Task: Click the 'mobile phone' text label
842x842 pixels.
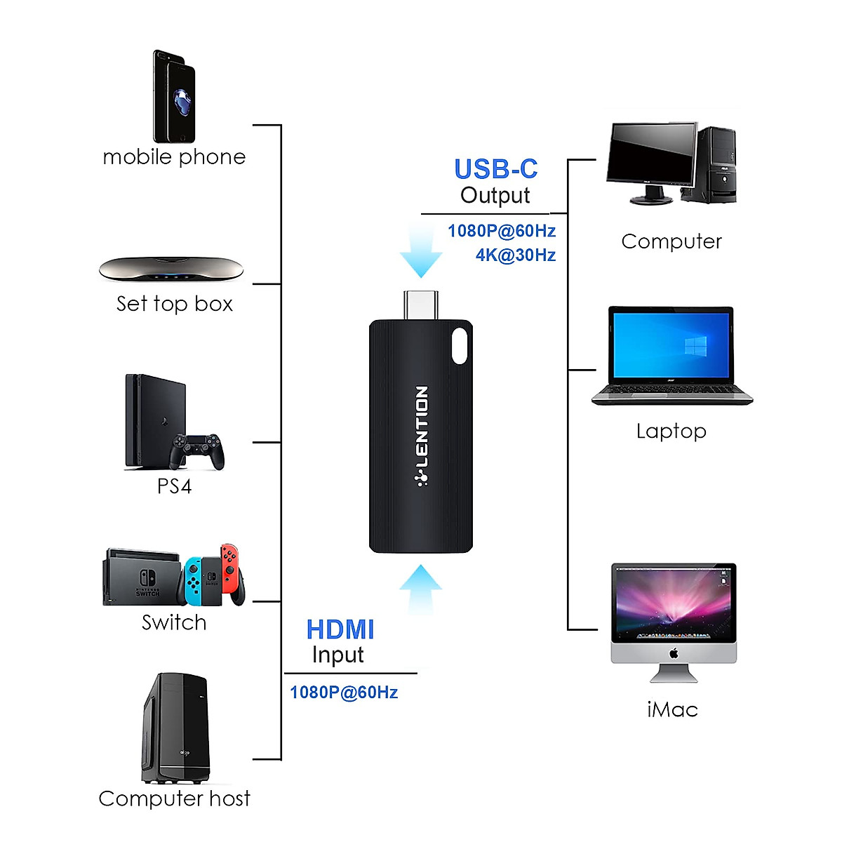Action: point(174,156)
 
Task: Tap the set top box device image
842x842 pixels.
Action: point(171,269)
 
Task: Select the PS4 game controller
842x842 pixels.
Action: point(197,450)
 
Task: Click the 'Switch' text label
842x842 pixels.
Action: point(174,622)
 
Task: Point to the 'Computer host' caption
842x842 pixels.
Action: point(174,798)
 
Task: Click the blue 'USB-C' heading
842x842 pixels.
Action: point(495,169)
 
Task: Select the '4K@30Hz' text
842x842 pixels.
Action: point(516,255)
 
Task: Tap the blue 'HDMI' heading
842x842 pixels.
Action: point(340,629)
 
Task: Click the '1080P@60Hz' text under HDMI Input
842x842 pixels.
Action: point(344,693)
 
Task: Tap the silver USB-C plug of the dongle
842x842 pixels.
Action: point(421,305)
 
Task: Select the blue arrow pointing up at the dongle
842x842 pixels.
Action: point(421,589)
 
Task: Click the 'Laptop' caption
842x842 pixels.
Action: point(671,431)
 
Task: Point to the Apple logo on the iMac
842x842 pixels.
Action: point(674,654)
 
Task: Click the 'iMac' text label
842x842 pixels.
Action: point(672,709)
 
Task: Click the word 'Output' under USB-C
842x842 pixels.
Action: point(495,195)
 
